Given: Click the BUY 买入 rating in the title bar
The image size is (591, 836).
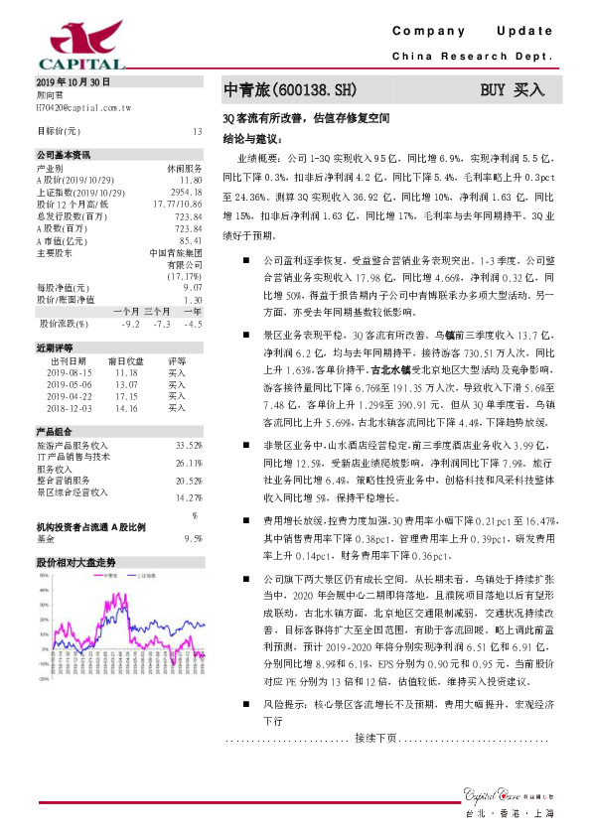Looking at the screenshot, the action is pyautogui.click(x=513, y=90).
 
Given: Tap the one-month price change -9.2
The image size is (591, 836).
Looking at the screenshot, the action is pyautogui.click(x=129, y=324).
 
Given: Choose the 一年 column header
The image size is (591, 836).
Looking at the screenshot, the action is pyautogui.click(x=193, y=310).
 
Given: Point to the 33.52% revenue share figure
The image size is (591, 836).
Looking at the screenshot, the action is pyautogui.click(x=188, y=445).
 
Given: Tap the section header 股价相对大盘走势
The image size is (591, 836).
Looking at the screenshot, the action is pyautogui.click(x=75, y=562).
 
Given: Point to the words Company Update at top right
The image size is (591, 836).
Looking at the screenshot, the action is pyautogui.click(x=475, y=31).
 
